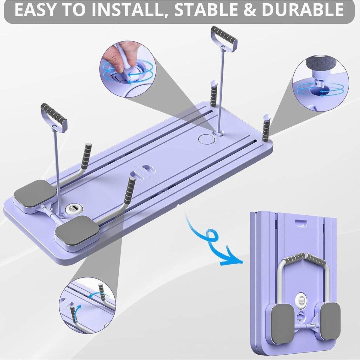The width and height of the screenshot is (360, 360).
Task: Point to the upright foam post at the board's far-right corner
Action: coord(266,129)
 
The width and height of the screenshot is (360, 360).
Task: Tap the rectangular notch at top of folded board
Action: coord(301,222)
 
